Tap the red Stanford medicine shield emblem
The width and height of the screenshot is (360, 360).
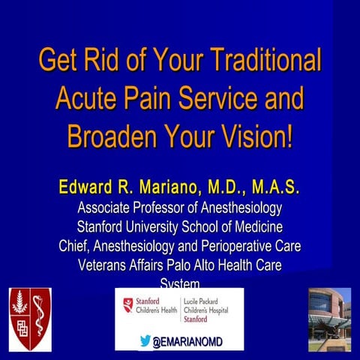point(29,319)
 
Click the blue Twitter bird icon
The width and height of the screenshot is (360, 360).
point(145,341)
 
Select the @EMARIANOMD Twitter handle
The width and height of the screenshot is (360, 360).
point(187,342)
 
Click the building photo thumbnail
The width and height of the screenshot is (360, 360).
point(329,319)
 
